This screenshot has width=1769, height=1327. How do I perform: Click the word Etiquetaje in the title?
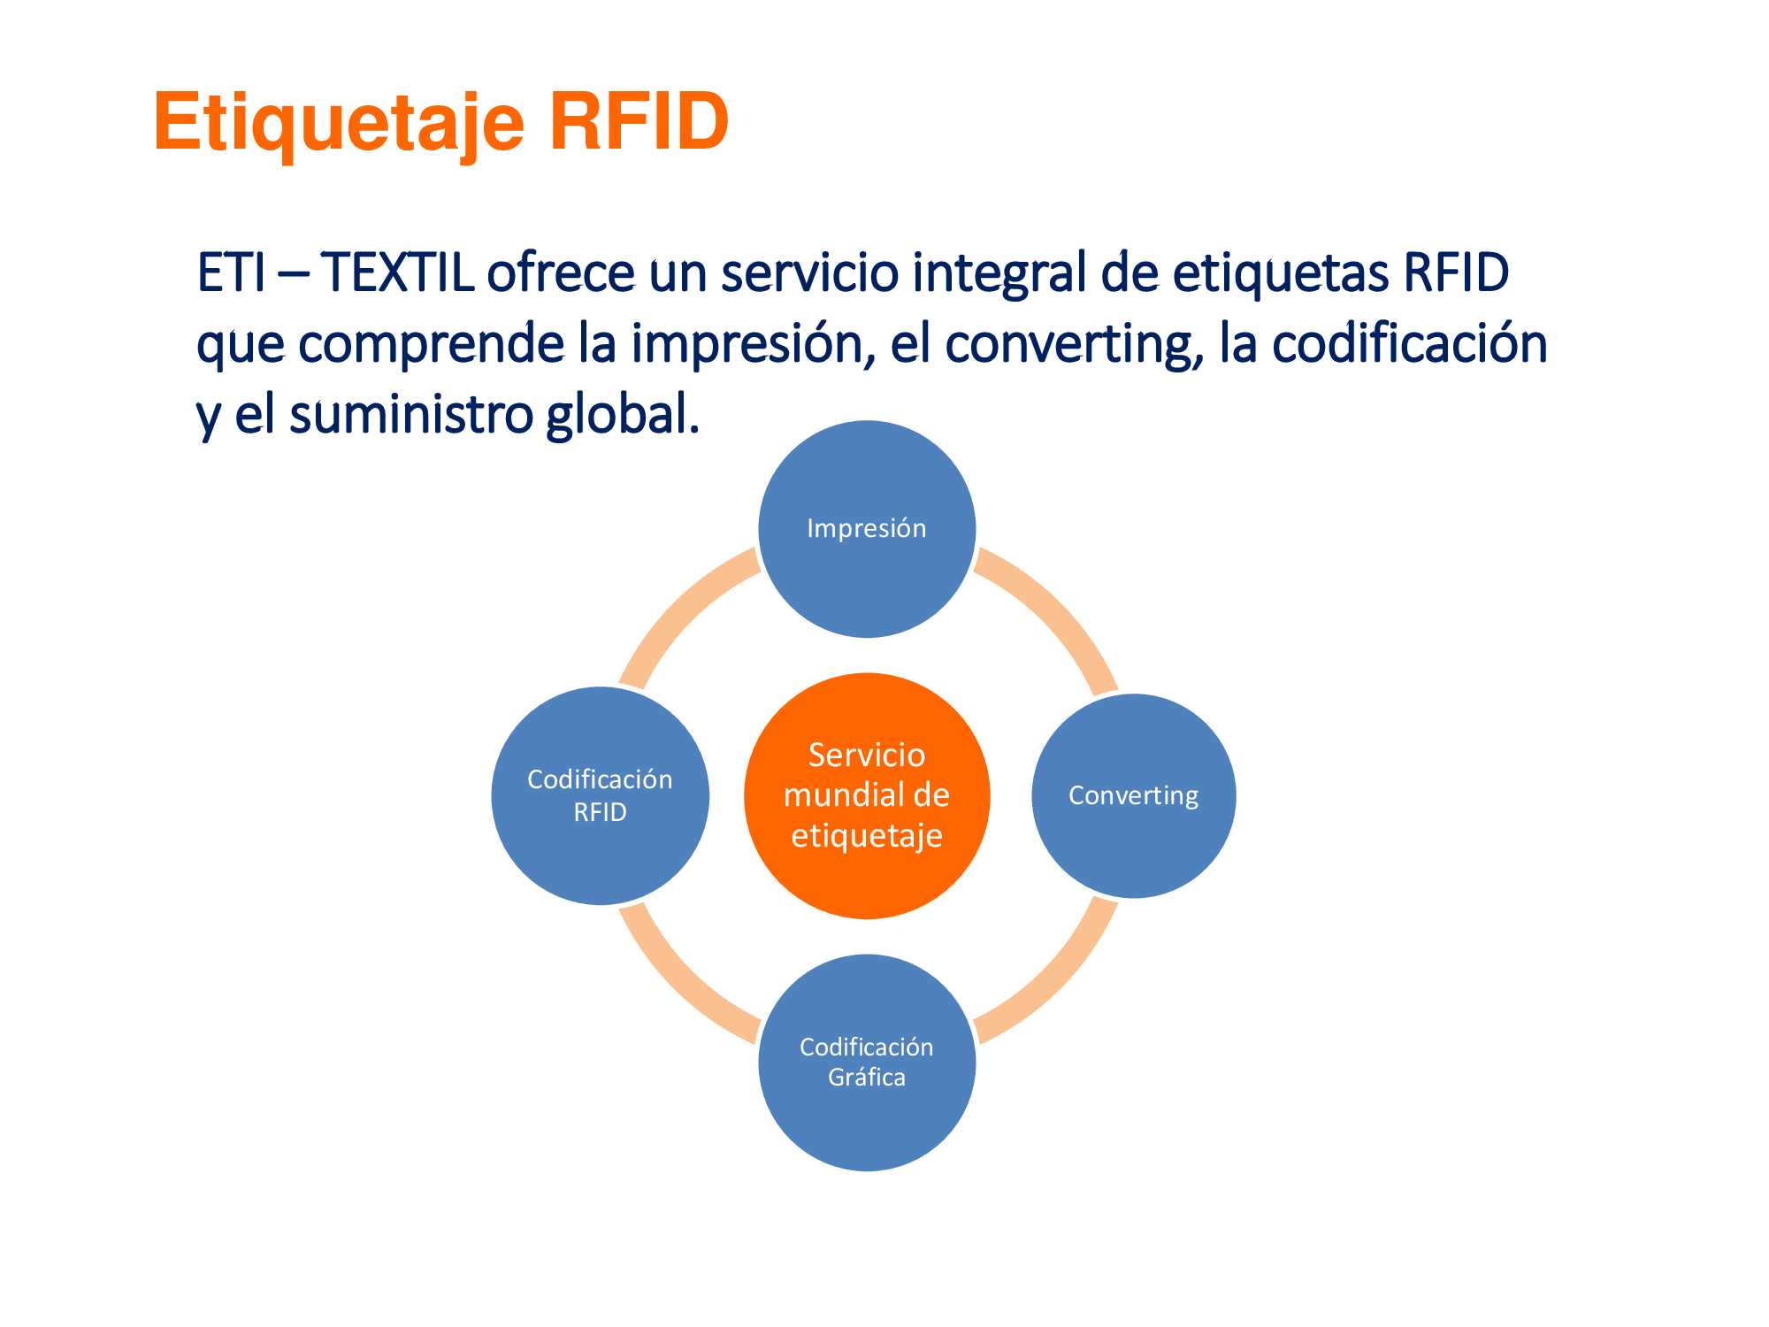340,124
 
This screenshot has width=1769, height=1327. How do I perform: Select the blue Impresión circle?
867,529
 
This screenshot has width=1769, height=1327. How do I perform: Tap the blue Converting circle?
1133,795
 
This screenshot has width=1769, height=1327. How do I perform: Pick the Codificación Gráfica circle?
867,1062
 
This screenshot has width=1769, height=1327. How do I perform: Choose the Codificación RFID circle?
601,795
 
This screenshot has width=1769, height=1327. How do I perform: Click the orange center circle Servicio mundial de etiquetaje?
867,795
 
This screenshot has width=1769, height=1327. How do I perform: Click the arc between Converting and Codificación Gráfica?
1059,985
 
